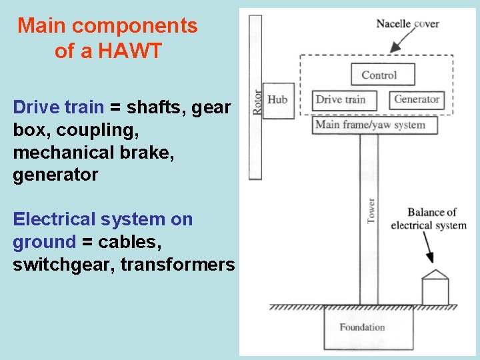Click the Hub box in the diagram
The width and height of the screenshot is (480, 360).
click(x=278, y=101)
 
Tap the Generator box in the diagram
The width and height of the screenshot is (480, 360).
click(x=417, y=100)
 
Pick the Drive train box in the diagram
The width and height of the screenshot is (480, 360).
click(x=343, y=100)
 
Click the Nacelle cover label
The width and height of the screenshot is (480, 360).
click(x=407, y=24)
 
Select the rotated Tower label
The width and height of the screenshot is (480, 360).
click(x=371, y=210)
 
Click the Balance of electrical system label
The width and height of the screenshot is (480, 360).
click(x=428, y=219)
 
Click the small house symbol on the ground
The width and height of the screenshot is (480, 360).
click(x=435, y=288)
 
